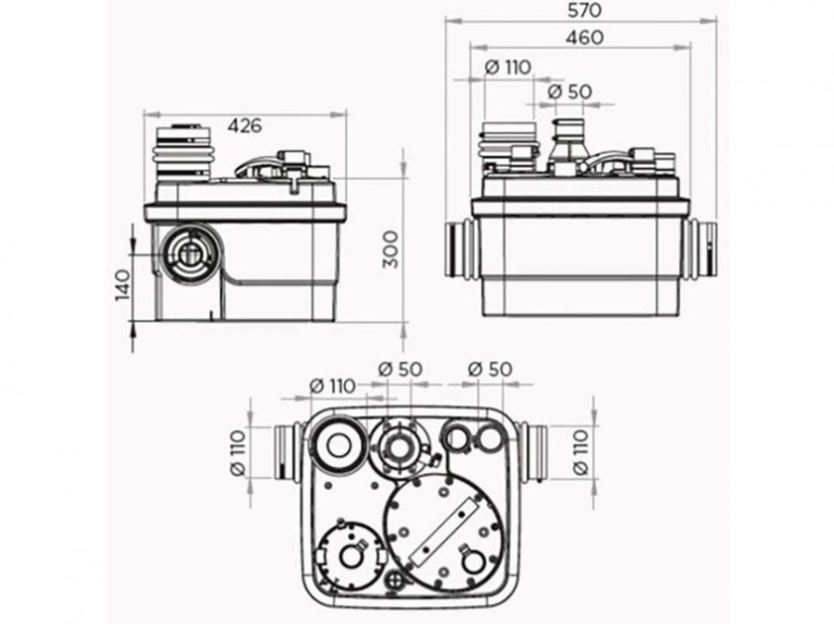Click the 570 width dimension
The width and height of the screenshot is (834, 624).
point(584,10)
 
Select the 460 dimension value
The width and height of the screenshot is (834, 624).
point(585,38)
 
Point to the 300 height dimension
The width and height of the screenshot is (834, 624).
point(391,249)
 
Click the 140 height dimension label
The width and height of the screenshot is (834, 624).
point(122,286)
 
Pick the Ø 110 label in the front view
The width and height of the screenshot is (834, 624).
point(508,67)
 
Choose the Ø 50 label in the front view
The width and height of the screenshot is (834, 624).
point(569,91)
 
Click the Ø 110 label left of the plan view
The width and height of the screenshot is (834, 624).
point(238,452)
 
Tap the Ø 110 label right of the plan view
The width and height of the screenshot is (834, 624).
point(581,452)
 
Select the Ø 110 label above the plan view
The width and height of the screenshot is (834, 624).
point(333,386)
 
